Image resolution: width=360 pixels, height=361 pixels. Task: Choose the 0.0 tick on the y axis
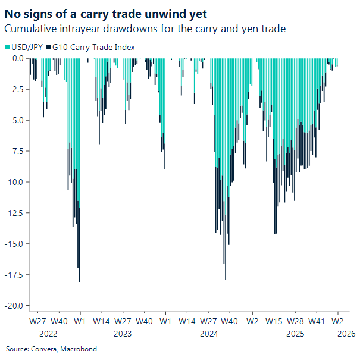pos(17,58)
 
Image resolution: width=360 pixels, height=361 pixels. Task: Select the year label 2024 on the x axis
pos(209,334)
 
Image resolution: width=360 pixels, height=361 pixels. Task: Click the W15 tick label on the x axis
pos(274,321)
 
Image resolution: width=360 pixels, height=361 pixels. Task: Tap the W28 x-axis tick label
pos(295,321)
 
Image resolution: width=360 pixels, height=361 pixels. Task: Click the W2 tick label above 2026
pos(337,321)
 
